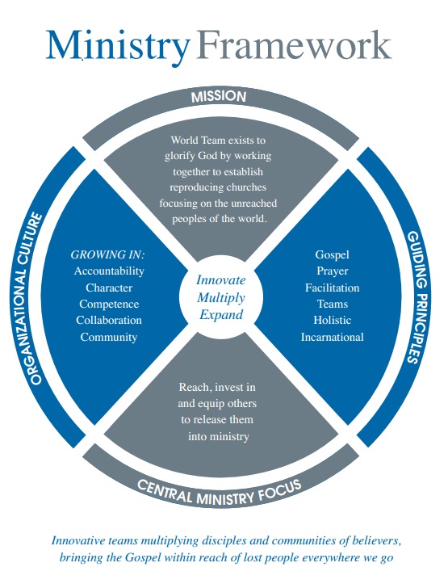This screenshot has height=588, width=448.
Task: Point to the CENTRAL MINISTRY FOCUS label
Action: click(220, 490)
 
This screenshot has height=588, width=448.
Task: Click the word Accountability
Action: click(109, 271)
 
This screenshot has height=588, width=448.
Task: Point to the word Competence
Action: click(109, 304)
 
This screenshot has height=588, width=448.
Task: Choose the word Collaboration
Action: click(109, 320)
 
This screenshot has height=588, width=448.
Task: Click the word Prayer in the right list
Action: click(332, 271)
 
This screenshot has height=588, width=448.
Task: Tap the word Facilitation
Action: click(332, 288)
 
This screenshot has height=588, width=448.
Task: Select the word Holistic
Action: click(332, 321)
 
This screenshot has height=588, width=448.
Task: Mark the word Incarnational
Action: click(332, 337)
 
